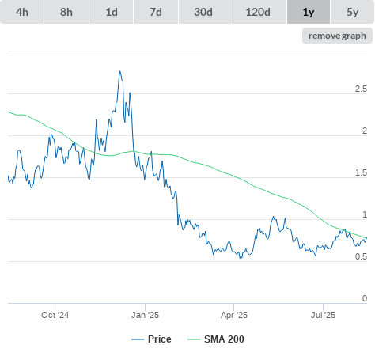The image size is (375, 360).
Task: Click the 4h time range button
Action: click(x=22, y=12)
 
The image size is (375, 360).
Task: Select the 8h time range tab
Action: click(x=66, y=12)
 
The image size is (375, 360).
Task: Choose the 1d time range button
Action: click(x=112, y=12)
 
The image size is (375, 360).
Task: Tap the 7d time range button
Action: click(x=156, y=12)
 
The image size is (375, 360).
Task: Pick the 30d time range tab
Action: click(x=203, y=12)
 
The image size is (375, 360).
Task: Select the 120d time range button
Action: click(x=258, y=12)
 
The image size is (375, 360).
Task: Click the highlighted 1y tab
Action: click(x=309, y=12)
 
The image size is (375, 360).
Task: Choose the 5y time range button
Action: click(x=353, y=12)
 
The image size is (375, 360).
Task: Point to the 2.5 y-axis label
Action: click(x=361, y=89)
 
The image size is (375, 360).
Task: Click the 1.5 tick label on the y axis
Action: click(x=361, y=173)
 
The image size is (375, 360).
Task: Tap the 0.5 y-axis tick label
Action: click(x=361, y=256)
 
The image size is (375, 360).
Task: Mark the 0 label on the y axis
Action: click(x=365, y=298)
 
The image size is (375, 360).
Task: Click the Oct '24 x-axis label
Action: click(x=55, y=315)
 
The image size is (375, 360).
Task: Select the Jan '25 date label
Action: click(x=145, y=315)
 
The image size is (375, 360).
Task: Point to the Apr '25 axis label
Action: click(x=234, y=315)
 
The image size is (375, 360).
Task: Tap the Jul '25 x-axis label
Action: click(x=323, y=315)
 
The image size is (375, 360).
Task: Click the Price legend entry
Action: click(x=151, y=339)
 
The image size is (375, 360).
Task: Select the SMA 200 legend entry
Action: click(x=216, y=339)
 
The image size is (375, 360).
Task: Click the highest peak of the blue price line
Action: click(x=119, y=71)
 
